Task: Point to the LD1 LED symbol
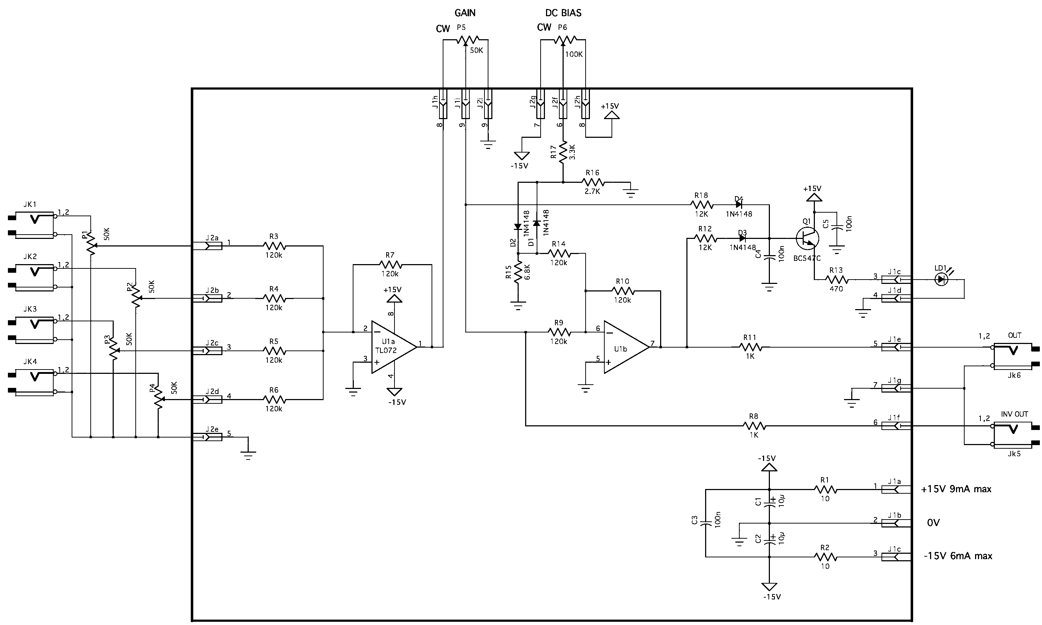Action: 941,279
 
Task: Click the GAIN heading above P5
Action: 465,13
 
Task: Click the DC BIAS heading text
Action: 563,13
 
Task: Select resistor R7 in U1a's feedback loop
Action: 391,264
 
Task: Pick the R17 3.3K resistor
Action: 563,153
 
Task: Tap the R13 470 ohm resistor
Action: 836,279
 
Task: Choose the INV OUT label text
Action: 1015,414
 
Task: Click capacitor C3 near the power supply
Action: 705,524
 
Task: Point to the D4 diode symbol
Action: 739,205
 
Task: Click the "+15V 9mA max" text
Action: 956,489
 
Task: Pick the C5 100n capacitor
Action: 837,227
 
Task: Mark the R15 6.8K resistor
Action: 518,271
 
